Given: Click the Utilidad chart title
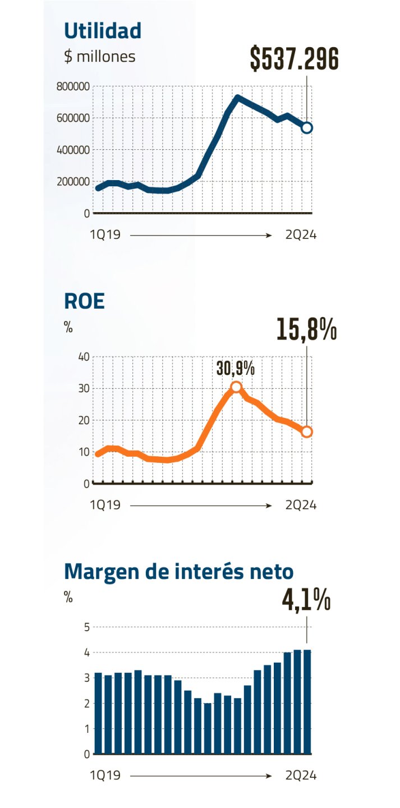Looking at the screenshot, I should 103,30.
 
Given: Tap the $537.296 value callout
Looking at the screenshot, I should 295,58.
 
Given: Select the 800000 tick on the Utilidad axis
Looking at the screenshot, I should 73,86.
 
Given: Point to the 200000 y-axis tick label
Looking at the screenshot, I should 73,181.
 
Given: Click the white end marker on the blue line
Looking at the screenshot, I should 307,128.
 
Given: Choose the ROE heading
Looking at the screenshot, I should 84,301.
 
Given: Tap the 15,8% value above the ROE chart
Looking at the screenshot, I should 306,330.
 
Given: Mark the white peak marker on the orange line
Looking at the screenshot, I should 236,387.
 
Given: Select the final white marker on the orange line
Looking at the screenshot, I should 307,431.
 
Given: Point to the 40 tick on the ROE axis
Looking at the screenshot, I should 84,357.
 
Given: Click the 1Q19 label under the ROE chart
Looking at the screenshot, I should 105,506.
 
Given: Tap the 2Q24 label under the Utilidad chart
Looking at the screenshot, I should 301,236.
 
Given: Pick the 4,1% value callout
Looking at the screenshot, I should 306,600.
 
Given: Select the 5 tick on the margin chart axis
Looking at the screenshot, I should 86,627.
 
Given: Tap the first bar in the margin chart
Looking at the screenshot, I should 98,713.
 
